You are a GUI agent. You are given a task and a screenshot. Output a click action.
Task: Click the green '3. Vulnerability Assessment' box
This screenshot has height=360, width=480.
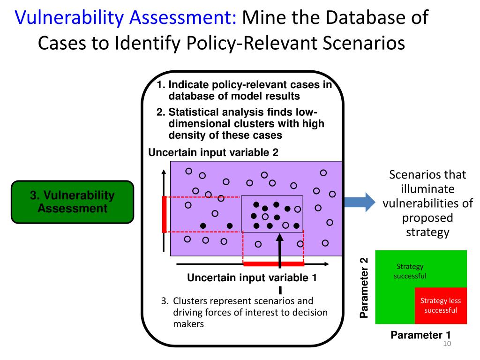pos(73,202)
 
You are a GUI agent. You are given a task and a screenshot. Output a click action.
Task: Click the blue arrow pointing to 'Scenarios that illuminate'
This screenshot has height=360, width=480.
pos(360,202)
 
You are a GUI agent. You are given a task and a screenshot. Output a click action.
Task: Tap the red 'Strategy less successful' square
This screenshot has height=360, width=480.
pos(441,306)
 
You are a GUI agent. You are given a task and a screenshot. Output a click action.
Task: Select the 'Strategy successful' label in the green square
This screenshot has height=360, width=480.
pos(410,271)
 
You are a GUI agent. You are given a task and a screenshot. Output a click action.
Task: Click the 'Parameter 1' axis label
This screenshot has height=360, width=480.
pos(420,335)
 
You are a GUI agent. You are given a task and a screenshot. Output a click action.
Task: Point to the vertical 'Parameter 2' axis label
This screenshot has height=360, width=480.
pos(364,288)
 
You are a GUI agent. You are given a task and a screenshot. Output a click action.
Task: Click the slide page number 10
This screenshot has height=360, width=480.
pos(447,344)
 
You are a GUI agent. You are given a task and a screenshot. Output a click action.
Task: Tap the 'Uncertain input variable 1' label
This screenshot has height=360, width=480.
pos(252,277)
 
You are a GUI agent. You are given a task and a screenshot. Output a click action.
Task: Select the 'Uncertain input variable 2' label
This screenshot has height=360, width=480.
pos(213,152)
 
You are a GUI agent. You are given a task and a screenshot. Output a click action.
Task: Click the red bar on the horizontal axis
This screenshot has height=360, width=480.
pos(274,264)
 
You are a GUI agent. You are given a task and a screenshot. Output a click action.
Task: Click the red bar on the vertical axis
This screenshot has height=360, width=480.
pos(165,214)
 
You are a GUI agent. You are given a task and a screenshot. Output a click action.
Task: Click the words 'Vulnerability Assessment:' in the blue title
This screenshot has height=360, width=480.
pos(126,17)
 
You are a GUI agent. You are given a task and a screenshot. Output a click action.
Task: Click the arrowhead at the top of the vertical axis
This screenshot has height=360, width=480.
pos(164,172)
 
